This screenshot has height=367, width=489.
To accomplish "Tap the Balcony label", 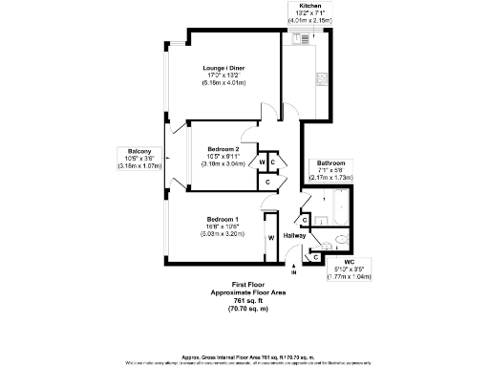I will (140, 150).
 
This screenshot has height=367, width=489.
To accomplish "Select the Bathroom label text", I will (332, 162).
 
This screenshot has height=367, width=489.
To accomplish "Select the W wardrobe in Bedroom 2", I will (262, 162).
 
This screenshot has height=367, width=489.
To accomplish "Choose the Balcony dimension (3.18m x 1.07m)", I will (140, 165).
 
